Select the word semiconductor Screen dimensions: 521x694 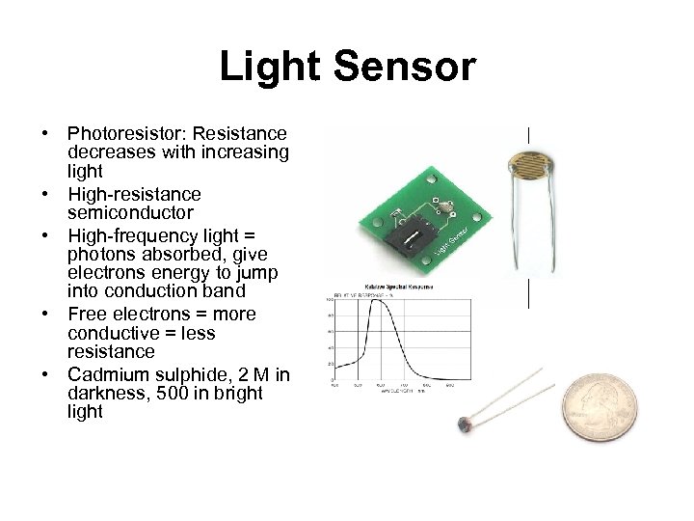tap(130, 212)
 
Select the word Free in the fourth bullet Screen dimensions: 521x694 tap(85, 315)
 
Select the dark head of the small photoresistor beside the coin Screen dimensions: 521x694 tap(469, 423)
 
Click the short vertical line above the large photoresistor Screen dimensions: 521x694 tap(528, 135)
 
